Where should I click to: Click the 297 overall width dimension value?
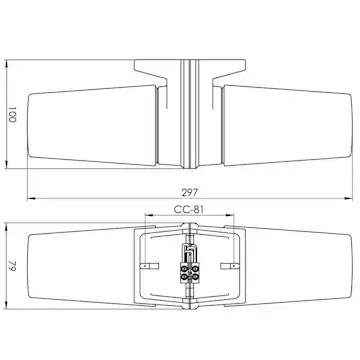[190, 192]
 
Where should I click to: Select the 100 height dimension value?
[12, 114]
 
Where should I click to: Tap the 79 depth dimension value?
[12, 266]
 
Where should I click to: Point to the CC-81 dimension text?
[189, 209]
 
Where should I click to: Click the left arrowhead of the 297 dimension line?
[31, 199]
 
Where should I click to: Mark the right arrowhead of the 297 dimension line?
[348, 199]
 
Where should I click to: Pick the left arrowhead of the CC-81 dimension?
[149, 215]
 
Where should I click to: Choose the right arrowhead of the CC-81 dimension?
[230, 215]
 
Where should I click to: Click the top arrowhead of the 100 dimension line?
[7, 64]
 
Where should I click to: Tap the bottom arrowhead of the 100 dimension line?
[7, 164]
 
